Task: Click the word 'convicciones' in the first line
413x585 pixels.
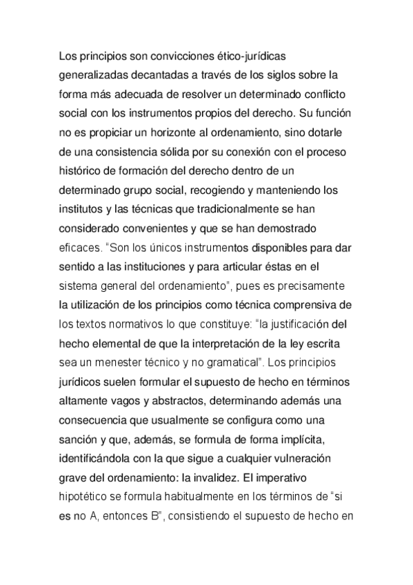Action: tap(177, 54)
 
